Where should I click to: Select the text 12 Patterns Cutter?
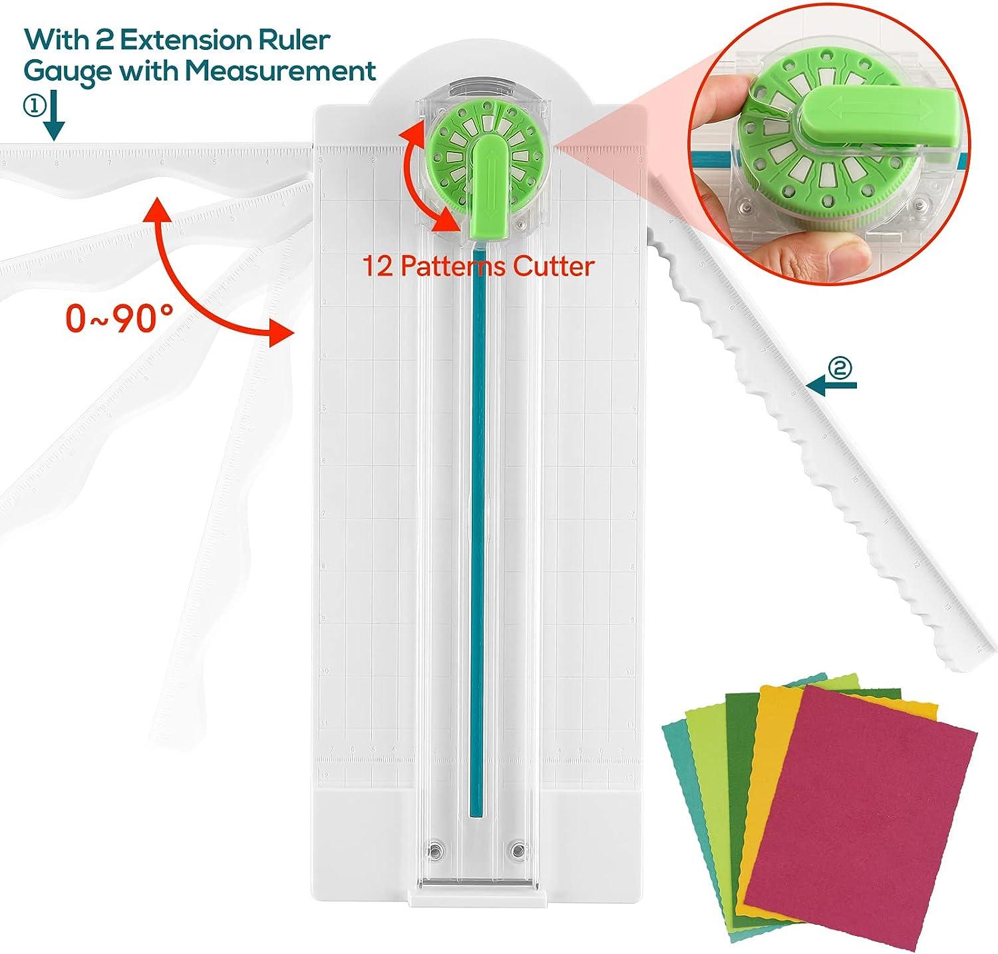point(478,266)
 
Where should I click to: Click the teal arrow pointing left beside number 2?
point(832,384)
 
